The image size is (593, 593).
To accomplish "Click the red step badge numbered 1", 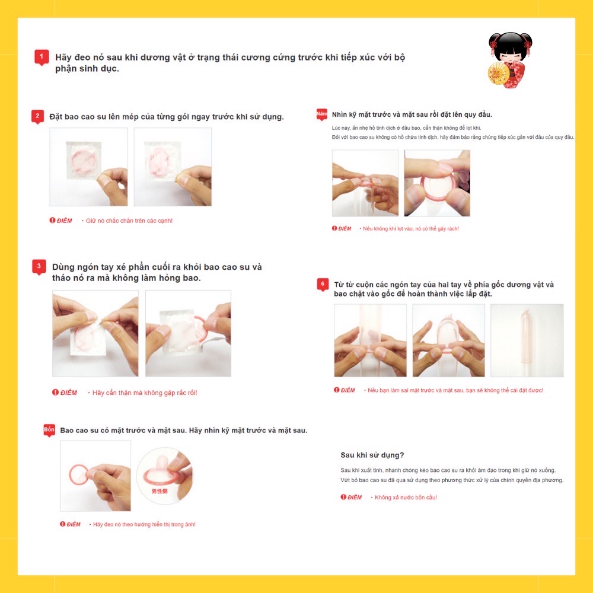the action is click(x=42, y=57).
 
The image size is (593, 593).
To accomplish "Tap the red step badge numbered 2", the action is click(x=37, y=116).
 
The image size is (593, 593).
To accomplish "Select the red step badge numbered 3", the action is click(x=39, y=267).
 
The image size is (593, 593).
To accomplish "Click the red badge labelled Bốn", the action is click(x=49, y=430).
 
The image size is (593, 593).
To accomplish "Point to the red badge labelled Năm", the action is click(x=322, y=114).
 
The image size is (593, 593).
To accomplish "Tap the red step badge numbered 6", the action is click(x=323, y=285).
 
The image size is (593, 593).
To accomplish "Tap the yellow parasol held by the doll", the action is click(x=499, y=73).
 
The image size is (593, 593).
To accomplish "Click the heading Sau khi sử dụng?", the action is click(x=372, y=455).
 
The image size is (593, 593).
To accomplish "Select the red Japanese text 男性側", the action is click(x=159, y=491).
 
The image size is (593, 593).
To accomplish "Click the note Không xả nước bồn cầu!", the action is click(x=406, y=498).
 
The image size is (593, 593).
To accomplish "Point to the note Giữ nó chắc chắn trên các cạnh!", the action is click(x=129, y=221).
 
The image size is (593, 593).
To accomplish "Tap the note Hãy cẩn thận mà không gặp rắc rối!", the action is click(x=145, y=393).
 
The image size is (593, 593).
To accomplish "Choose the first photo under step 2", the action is click(x=88, y=167).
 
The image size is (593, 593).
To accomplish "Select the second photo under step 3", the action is click(x=189, y=333).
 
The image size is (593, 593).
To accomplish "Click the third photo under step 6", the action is click(x=527, y=340).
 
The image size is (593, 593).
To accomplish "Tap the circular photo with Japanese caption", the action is click(x=164, y=476).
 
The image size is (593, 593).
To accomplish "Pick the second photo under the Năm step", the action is click(x=437, y=183).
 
